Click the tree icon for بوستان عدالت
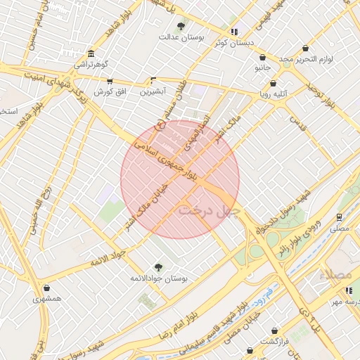tap(181, 27)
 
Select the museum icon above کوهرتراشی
tap(91, 55)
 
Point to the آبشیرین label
tap(153, 91)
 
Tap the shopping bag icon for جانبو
tap(262, 58)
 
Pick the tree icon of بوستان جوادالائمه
tap(159, 266)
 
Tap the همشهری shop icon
tap(46, 288)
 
